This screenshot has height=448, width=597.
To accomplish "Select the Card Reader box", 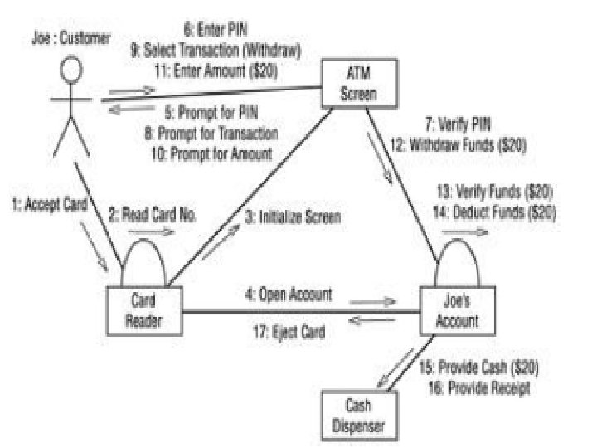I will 145,309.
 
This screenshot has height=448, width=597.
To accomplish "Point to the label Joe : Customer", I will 70,38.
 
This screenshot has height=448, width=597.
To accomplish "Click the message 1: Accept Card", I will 51,202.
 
